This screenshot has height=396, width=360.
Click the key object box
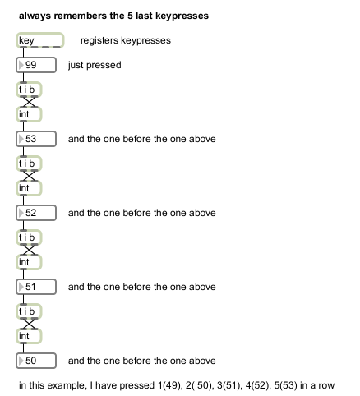pyautogui.click(x=40, y=40)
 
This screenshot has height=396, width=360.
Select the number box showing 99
pyautogui.click(x=36, y=65)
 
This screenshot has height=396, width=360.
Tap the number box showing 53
pyautogui.click(x=36, y=139)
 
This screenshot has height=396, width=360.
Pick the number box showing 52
pyautogui.click(x=36, y=213)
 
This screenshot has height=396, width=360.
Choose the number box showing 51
pyautogui.click(x=36, y=287)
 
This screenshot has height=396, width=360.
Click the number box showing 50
pyautogui.click(x=36, y=361)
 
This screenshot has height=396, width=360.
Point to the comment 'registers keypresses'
pyautogui.click(x=126, y=40)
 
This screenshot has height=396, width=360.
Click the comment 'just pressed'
pyautogui.click(x=95, y=65)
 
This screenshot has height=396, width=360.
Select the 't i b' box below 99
pyautogui.click(x=29, y=90)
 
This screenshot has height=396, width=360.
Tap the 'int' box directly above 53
pyautogui.click(x=29, y=114)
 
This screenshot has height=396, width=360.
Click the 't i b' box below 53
pyautogui.click(x=29, y=163)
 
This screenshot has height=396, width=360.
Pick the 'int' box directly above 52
pyautogui.click(x=29, y=188)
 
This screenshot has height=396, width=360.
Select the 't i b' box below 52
pyautogui.click(x=29, y=237)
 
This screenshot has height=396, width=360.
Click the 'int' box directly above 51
pyautogui.click(x=29, y=262)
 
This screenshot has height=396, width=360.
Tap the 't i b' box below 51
pyautogui.click(x=29, y=311)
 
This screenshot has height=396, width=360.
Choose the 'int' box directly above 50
pyautogui.click(x=29, y=336)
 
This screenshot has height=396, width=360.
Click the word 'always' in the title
pyautogui.click(x=35, y=16)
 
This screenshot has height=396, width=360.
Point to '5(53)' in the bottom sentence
pyautogui.click(x=285, y=385)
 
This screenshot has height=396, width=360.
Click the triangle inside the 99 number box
pyautogui.click(x=21, y=65)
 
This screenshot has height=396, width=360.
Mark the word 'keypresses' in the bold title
pyautogui.click(x=182, y=16)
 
